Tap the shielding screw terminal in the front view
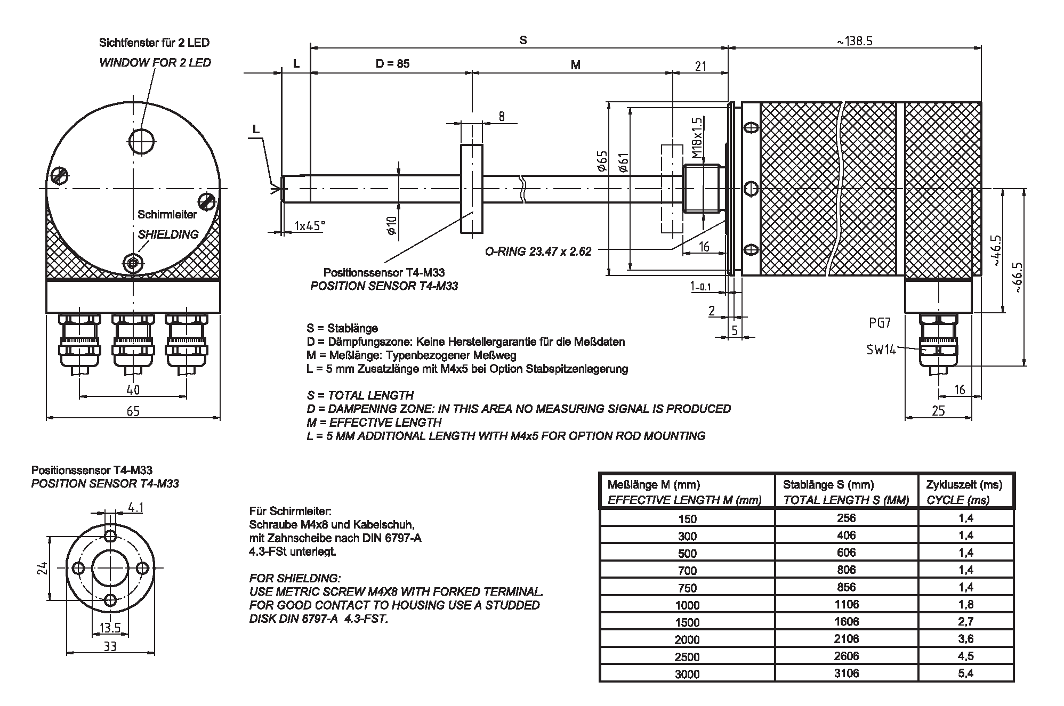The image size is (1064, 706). pyautogui.click(x=132, y=262)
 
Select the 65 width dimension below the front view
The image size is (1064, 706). pyautogui.click(x=133, y=411)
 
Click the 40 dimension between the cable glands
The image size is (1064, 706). pyautogui.click(x=133, y=390)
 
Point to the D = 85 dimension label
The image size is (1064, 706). pyautogui.click(x=392, y=64)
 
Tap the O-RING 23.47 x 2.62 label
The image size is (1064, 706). pyautogui.click(x=538, y=251)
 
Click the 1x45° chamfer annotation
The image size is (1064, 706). pyautogui.click(x=309, y=226)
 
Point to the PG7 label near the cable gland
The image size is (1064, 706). pyautogui.click(x=880, y=323)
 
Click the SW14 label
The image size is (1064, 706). pyautogui.click(x=881, y=350)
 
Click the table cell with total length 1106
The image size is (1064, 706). pyautogui.click(x=846, y=604)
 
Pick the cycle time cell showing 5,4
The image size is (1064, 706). pyautogui.click(x=965, y=673)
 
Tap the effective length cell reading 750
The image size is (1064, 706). pyautogui.click(x=687, y=588)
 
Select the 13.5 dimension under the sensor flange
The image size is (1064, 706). pyautogui.click(x=110, y=628)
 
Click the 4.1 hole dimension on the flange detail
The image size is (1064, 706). pyautogui.click(x=136, y=508)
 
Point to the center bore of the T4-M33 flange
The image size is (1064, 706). pyautogui.click(x=110, y=567)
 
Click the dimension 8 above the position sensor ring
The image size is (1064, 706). pyautogui.click(x=501, y=116)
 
